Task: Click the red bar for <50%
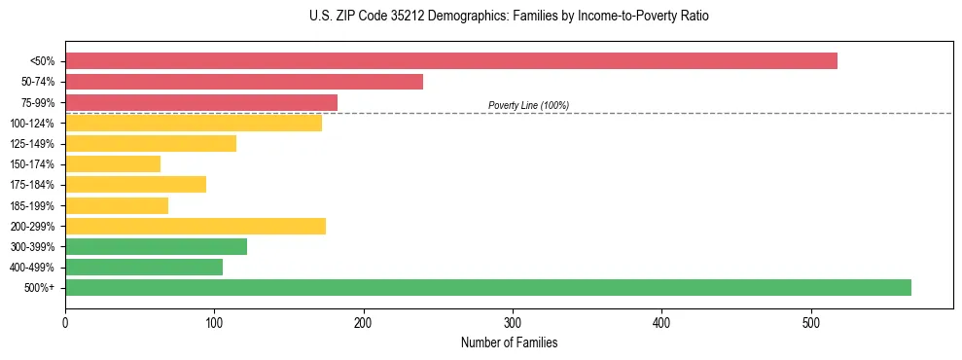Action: click(450, 61)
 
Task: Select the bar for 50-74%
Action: click(244, 82)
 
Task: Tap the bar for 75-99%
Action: click(201, 102)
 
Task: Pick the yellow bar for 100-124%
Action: click(194, 123)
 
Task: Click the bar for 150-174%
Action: click(113, 164)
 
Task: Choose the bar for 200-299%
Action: click(196, 226)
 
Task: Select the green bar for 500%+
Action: click(487, 287)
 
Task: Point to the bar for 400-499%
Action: click(144, 267)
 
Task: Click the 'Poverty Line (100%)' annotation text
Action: click(528, 105)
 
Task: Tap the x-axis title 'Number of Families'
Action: click(509, 342)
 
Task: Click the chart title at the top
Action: click(509, 17)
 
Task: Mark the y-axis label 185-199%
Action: click(32, 205)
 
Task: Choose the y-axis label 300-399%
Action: click(32, 246)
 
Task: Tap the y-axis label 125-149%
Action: click(32, 144)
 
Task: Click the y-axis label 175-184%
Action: click(32, 185)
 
